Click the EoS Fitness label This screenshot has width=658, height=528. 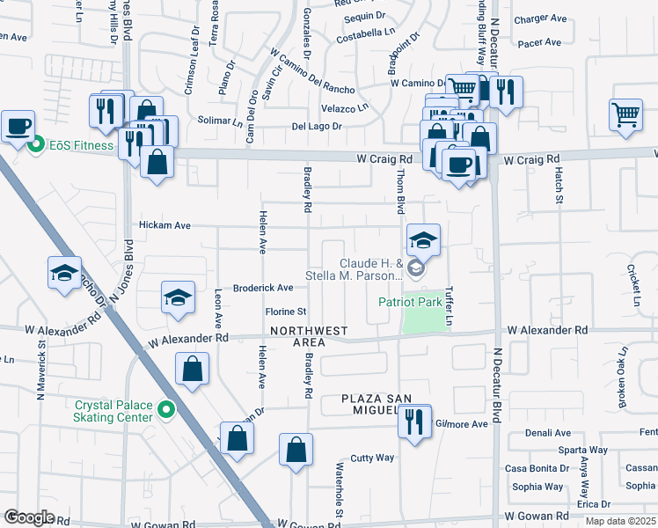click(80, 145)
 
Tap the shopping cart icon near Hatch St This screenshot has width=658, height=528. click(625, 114)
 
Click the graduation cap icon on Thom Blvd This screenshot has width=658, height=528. click(423, 239)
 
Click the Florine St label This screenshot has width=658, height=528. click(285, 312)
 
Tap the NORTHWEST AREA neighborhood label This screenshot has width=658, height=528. click(309, 337)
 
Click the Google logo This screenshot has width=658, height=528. click(29, 517)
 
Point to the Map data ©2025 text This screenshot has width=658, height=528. click(619, 521)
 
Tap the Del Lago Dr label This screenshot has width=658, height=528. click(317, 127)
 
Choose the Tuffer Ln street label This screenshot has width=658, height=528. click(449, 305)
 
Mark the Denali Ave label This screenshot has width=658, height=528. click(548, 433)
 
